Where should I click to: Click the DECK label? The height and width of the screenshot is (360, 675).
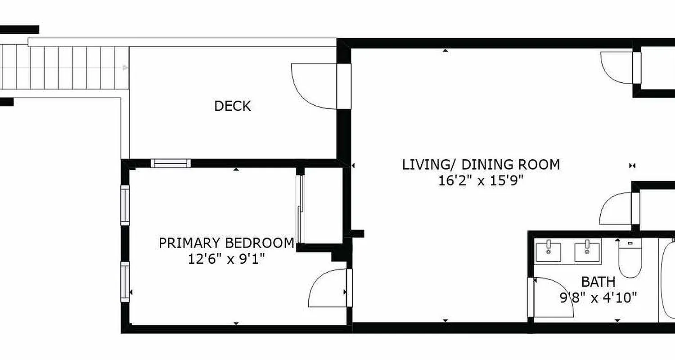(x=232, y=106)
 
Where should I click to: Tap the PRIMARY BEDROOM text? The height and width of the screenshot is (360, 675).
(x=226, y=243)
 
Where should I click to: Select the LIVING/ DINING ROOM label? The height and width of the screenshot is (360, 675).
(x=481, y=165)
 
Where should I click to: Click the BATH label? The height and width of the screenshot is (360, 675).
(x=598, y=282)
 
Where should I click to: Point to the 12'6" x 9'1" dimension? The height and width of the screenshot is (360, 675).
(x=226, y=259)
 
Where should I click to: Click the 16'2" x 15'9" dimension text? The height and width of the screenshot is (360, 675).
(x=481, y=181)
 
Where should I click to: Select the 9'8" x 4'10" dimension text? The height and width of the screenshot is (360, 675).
(x=598, y=297)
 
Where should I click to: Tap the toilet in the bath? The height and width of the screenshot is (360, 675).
(x=630, y=259)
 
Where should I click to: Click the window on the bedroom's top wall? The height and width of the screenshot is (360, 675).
(x=171, y=163)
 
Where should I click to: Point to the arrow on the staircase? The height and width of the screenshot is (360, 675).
(x=125, y=68)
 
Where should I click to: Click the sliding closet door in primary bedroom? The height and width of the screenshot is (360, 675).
(x=300, y=207)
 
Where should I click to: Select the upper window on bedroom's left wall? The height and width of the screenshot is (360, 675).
(x=125, y=205)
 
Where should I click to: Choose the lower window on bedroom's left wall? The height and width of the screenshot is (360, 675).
(x=125, y=282)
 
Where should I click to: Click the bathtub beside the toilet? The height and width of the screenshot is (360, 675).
(x=667, y=281)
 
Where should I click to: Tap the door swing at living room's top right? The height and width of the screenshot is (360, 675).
(x=616, y=67)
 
